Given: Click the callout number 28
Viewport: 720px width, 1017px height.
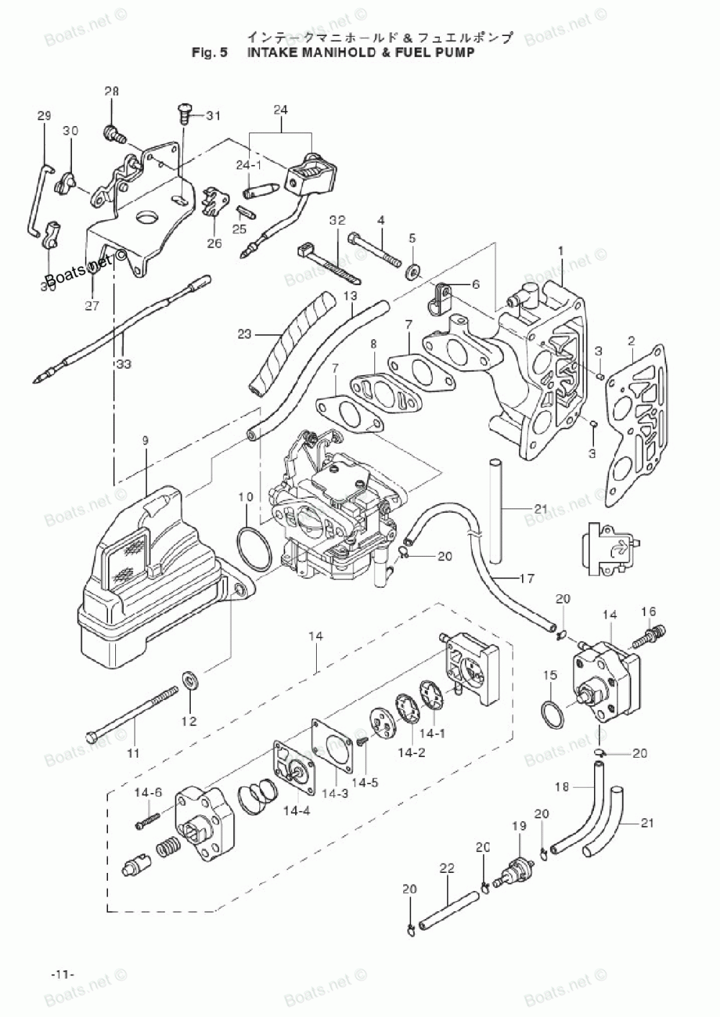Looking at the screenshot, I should click(x=112, y=91).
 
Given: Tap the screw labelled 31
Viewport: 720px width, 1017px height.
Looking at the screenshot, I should click(x=183, y=112).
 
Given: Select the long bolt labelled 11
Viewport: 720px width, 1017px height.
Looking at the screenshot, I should click(x=132, y=714).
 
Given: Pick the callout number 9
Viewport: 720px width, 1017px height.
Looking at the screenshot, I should click(x=145, y=439).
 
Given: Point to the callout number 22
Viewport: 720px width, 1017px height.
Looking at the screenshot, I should click(x=447, y=869).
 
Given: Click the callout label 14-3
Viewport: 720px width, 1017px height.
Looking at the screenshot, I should click(x=334, y=793).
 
